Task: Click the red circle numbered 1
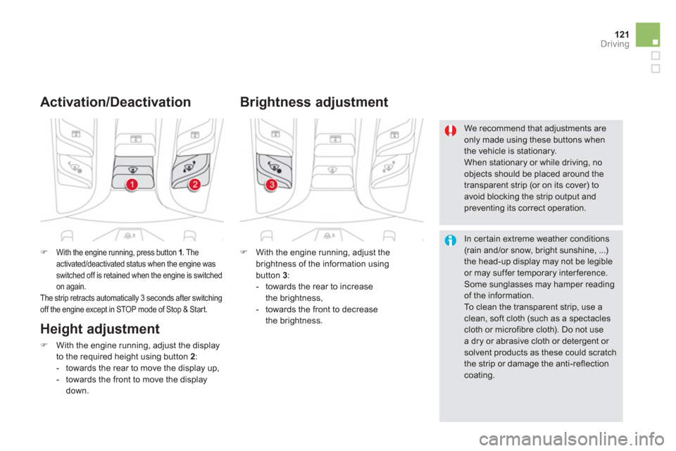[x=132, y=185]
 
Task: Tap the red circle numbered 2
[x=195, y=185]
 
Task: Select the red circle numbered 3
[x=272, y=185]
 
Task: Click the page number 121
[x=622, y=34]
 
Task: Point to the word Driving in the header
[x=615, y=44]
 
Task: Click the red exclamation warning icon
[x=451, y=130]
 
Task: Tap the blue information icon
[x=451, y=240]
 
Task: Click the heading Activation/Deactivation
[x=115, y=102]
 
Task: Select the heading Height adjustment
[x=100, y=329]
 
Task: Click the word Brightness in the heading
[x=275, y=102]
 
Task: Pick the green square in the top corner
[x=648, y=35]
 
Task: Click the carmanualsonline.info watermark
[x=572, y=439]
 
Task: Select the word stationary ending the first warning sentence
[x=534, y=151]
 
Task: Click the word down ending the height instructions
[x=77, y=391]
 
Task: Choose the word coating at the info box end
[x=480, y=376]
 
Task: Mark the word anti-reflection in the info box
[x=582, y=364]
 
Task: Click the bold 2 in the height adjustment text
[x=192, y=357]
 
